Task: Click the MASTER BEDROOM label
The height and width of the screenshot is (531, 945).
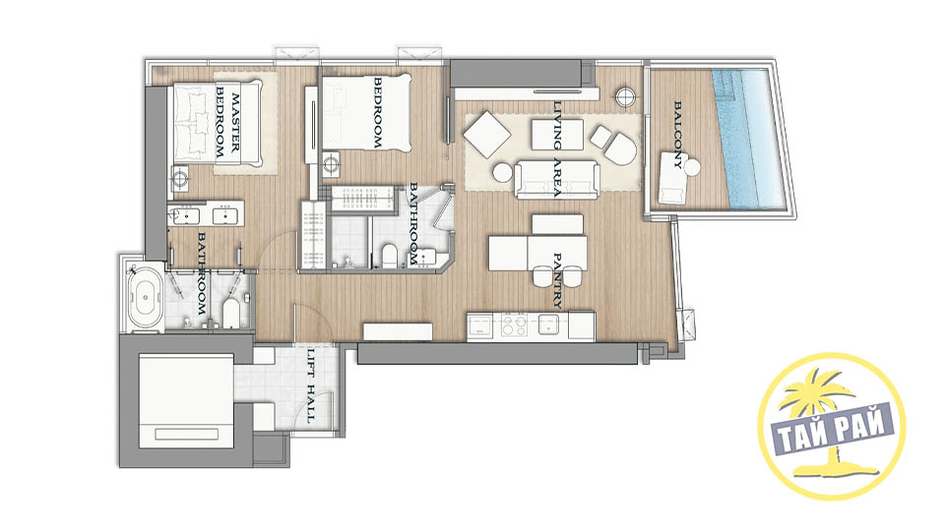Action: (x=227, y=127)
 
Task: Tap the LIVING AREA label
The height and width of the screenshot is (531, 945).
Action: (x=557, y=149)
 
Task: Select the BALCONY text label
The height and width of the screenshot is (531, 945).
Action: (x=678, y=135)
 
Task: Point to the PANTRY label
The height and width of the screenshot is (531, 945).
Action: (x=557, y=280)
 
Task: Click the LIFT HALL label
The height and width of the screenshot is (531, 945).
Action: (x=311, y=385)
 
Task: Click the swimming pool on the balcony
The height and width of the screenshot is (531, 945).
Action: (x=750, y=139)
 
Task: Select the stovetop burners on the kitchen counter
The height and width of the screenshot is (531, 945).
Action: (x=514, y=325)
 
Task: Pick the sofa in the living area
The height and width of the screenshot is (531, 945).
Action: (x=557, y=179)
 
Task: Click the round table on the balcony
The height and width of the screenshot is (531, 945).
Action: (x=691, y=167)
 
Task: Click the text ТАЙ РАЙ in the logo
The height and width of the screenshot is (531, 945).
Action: (x=833, y=429)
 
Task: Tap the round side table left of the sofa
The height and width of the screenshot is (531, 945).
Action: (x=502, y=173)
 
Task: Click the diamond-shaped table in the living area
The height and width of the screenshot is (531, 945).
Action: (x=487, y=135)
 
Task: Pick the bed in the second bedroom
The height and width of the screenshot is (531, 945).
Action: (x=367, y=114)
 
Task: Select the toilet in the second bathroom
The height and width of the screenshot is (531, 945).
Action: (x=391, y=256)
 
